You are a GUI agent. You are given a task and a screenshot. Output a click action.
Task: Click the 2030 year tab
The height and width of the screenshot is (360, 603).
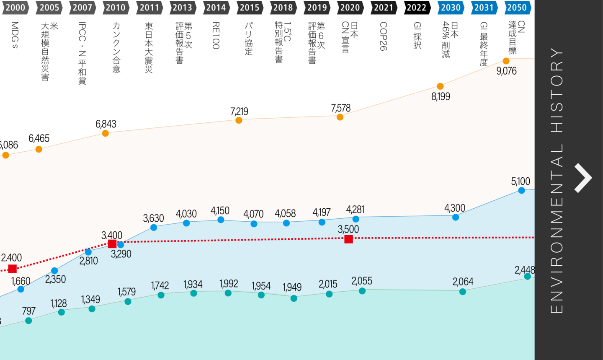[x=451, y=8]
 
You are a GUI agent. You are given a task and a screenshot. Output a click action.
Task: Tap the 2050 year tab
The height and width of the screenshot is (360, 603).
[x=517, y=8]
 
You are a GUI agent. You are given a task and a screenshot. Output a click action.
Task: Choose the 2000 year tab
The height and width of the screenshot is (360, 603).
[x=15, y=8]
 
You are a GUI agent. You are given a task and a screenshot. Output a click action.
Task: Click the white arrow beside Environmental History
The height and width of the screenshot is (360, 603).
[x=583, y=178]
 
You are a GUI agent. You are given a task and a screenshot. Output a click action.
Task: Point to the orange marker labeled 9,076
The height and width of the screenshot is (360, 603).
[x=506, y=61]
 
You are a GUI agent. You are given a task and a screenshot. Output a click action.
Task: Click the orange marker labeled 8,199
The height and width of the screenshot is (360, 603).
[x=440, y=86]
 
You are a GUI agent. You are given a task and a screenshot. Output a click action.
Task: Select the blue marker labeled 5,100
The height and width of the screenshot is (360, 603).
[x=521, y=190]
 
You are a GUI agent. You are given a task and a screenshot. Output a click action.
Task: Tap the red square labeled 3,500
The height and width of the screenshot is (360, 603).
[x=348, y=239]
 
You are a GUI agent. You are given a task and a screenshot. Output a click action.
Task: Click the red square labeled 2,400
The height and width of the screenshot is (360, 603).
[x=13, y=269]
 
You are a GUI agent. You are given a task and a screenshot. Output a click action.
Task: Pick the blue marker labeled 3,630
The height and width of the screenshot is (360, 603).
[x=154, y=228]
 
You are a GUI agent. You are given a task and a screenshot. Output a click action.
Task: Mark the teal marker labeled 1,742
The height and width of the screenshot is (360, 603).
[x=161, y=295]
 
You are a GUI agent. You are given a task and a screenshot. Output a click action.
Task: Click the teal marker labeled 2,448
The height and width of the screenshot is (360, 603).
[x=527, y=277]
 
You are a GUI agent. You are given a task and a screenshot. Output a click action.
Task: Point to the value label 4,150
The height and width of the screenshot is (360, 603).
[x=220, y=210]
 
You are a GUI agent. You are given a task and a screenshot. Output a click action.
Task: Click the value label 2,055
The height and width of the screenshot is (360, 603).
[x=362, y=281]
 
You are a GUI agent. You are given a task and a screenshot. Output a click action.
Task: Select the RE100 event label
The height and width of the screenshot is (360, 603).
[x=216, y=36]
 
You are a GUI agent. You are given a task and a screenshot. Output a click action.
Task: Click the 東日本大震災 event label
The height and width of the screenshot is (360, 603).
[x=149, y=47]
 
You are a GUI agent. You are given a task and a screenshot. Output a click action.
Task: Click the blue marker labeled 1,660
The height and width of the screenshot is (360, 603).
[x=21, y=289]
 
